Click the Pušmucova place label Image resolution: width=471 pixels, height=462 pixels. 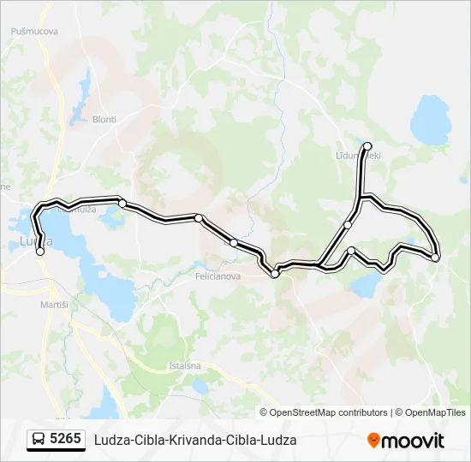coord(34,32)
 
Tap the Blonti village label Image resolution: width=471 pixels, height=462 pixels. coord(104,120)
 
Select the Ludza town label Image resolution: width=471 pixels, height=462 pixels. coord(35,242)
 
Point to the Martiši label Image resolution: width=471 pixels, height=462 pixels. coord(54,305)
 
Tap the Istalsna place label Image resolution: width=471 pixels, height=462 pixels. coord(185,366)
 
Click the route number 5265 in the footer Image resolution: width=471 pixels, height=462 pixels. coord(65,440)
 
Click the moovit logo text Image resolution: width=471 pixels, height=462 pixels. coord(414,441)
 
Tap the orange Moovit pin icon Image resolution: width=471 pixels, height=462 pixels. coord(374,440)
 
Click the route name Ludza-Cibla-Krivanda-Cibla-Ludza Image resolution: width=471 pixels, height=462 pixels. coord(195,440)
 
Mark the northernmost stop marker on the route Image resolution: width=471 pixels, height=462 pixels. coord(368,146)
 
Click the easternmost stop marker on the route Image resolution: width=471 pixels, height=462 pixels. coord(435,257)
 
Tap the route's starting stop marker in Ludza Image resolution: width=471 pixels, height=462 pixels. coord(40,252)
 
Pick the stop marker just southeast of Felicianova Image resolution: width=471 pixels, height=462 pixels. coord(275,274)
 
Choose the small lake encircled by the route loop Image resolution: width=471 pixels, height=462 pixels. coord(367,284)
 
